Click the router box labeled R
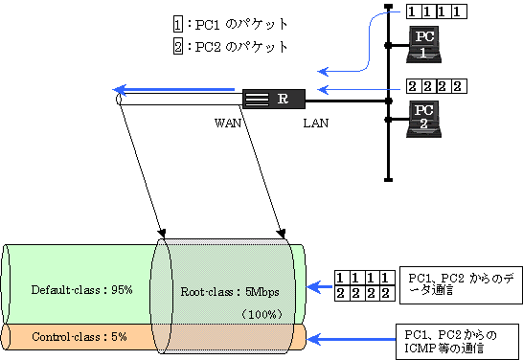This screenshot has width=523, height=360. pos(273,99)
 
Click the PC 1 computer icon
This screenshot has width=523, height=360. pos(422,44)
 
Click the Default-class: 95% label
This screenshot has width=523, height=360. pos(81,288)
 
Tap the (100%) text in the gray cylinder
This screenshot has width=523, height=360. pos(260,314)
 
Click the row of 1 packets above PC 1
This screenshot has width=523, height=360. pos(437,11)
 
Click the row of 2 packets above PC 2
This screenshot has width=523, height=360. pos(436,86)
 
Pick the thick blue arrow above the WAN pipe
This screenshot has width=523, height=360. pos(178,90)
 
